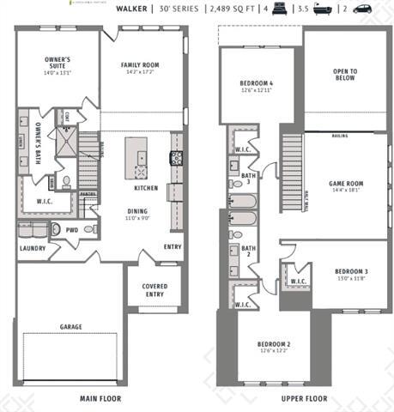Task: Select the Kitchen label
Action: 145,188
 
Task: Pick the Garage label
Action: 70,327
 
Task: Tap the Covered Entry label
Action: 155,290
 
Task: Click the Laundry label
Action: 33,249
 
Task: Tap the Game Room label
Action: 347,184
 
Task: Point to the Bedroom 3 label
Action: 350,270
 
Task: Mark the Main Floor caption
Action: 100,398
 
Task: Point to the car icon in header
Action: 361,9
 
